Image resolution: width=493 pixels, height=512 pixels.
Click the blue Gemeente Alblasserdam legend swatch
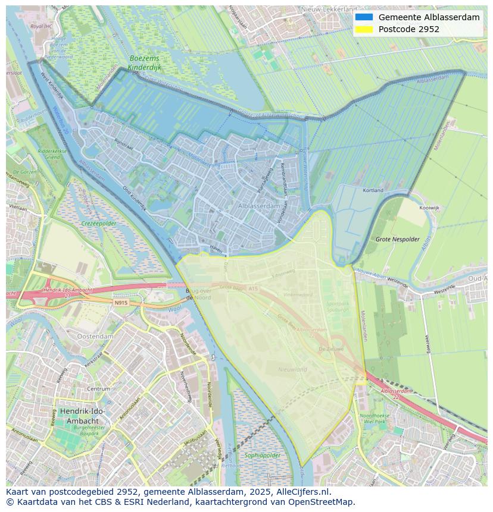pyautogui.click(x=364, y=17)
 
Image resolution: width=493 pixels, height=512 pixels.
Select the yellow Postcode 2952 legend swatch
pyautogui.click(x=364, y=29)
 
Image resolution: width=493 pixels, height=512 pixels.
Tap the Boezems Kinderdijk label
pyautogui.click(x=145, y=64)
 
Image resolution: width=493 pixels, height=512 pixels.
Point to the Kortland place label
pyautogui.click(x=373, y=190)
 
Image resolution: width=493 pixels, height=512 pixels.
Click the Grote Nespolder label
pyautogui.click(x=394, y=239)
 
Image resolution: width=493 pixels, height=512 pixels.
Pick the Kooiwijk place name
pyautogui.click(x=429, y=208)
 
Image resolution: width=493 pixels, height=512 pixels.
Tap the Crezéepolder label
pyautogui.click(x=98, y=224)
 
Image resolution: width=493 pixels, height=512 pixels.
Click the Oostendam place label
pyautogui.click(x=95, y=336)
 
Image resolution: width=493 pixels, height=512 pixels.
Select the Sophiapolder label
pyautogui.click(x=262, y=456)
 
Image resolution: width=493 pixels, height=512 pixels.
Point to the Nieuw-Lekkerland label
pyautogui.click(x=329, y=10)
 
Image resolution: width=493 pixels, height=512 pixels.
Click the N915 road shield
pyautogui.click(x=121, y=303)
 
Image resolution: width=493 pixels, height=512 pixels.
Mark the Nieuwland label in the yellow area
pyautogui.click(x=292, y=369)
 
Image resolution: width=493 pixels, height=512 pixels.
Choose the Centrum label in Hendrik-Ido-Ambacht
pyautogui.click(x=99, y=389)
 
